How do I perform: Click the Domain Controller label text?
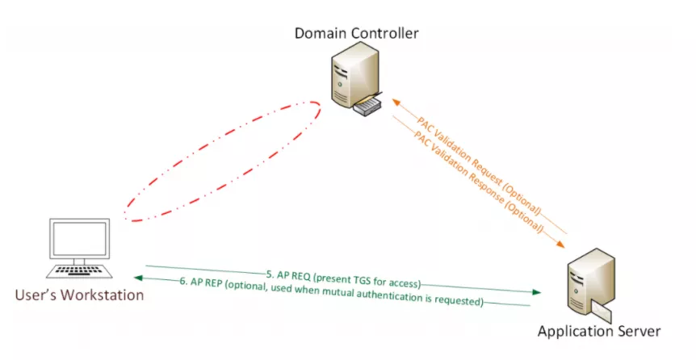coord(356,33)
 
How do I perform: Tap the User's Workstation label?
coord(79,295)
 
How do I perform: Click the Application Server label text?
coord(599,331)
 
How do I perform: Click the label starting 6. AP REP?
coord(331,291)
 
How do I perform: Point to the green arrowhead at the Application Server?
coord(536,291)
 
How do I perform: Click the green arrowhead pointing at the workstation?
coord(140,278)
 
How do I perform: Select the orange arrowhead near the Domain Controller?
coord(397,103)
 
